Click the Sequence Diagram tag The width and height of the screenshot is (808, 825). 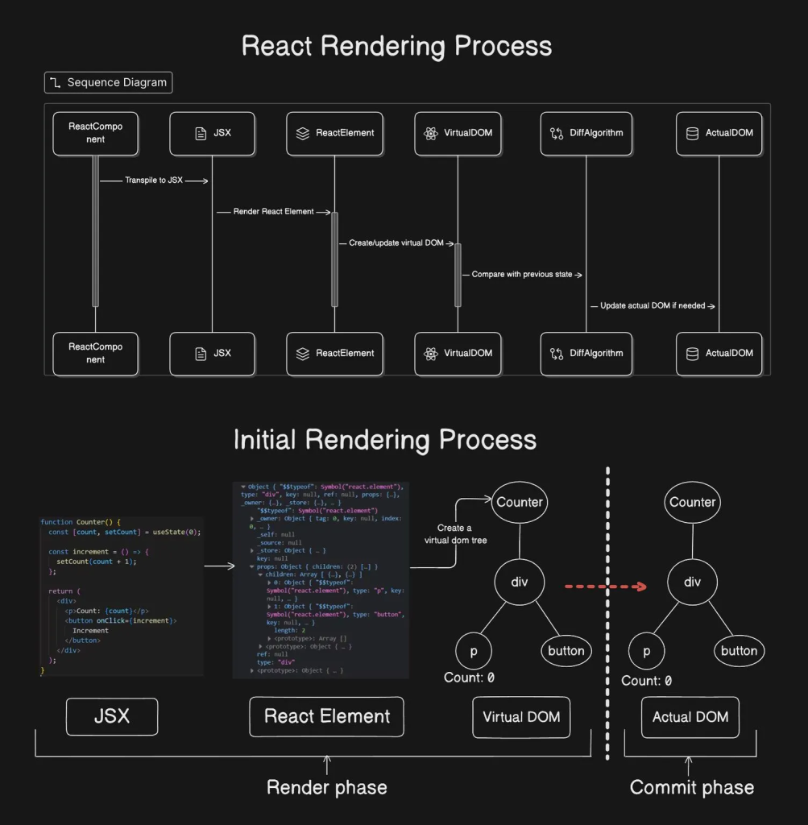[108, 83]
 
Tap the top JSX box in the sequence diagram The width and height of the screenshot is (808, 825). [213, 133]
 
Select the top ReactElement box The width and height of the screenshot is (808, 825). [334, 133]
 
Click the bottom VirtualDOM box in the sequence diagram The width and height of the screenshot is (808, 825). [458, 354]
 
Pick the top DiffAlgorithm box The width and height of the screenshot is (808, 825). [586, 133]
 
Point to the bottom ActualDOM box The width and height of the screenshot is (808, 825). [719, 354]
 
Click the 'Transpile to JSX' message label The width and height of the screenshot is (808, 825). [154, 180]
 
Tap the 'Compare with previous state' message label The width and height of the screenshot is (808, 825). [522, 275]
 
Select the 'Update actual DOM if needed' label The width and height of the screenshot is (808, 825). [653, 306]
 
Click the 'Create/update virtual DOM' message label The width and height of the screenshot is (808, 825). [396, 243]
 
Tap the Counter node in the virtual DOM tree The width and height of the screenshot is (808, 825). [520, 503]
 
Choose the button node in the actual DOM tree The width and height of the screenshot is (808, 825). [739, 651]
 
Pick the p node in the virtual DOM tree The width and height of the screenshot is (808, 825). [474, 651]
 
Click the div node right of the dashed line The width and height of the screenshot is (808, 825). [693, 581]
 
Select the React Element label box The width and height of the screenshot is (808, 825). [326, 716]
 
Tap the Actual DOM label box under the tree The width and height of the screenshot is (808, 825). [690, 717]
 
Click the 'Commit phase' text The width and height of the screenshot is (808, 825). [692, 787]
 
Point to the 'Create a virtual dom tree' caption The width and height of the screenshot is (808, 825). [455, 534]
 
